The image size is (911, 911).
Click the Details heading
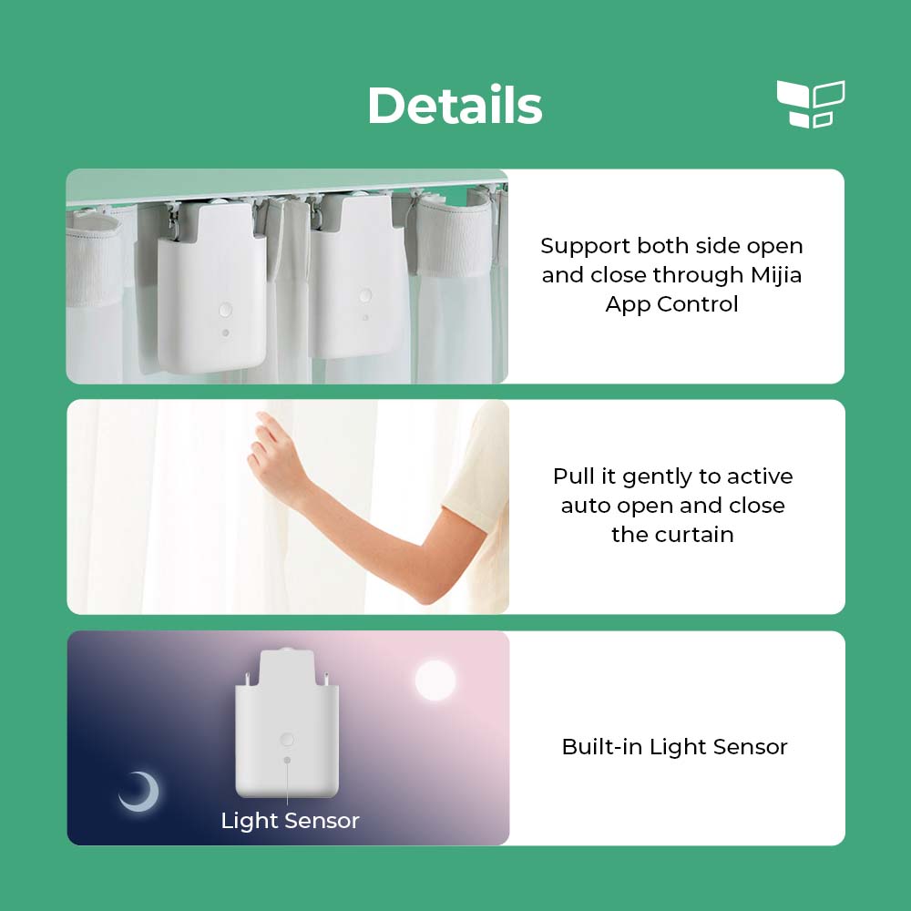[455, 106]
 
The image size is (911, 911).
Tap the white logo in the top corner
[810, 104]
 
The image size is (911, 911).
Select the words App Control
[671, 304]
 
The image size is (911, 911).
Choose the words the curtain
[671, 535]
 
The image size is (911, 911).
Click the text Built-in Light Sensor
[674, 747]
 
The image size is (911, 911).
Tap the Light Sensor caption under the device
[290, 821]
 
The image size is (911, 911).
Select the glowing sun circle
[435, 680]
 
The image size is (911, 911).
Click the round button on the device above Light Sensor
[287, 740]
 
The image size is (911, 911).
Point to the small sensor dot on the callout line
[287, 760]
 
